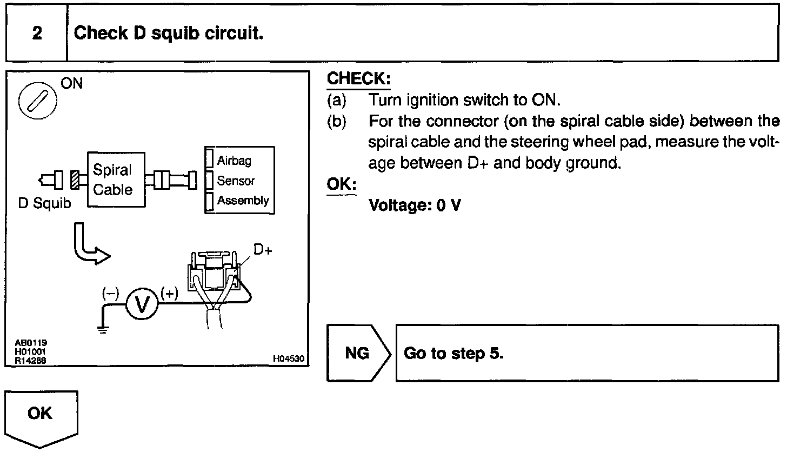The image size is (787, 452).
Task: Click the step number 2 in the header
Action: click(x=36, y=34)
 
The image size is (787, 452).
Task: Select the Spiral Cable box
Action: click(x=116, y=180)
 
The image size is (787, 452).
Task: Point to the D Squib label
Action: click(x=44, y=205)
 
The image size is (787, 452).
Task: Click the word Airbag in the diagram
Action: click(x=234, y=161)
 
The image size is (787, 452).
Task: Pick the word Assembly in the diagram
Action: click(x=243, y=201)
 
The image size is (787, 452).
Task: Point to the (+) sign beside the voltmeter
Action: click(x=169, y=294)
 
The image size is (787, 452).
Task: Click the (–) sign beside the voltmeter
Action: click(x=110, y=294)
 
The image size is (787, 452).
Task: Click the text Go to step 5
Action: click(x=453, y=354)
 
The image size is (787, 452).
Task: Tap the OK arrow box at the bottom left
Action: click(x=41, y=416)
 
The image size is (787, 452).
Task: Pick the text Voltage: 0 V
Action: click(x=415, y=206)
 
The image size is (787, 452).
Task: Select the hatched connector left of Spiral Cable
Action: click(x=75, y=180)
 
